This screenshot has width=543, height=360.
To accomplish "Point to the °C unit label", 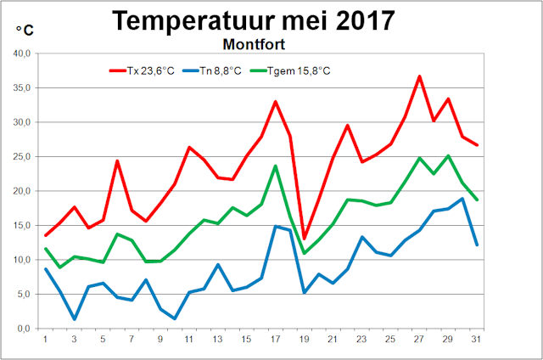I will pos(25,31).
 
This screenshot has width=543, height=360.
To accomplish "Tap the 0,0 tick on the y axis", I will pos(24,329).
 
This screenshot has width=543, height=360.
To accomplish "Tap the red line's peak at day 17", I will pos(275,102).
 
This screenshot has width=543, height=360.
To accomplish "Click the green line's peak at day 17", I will pos(275,166).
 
